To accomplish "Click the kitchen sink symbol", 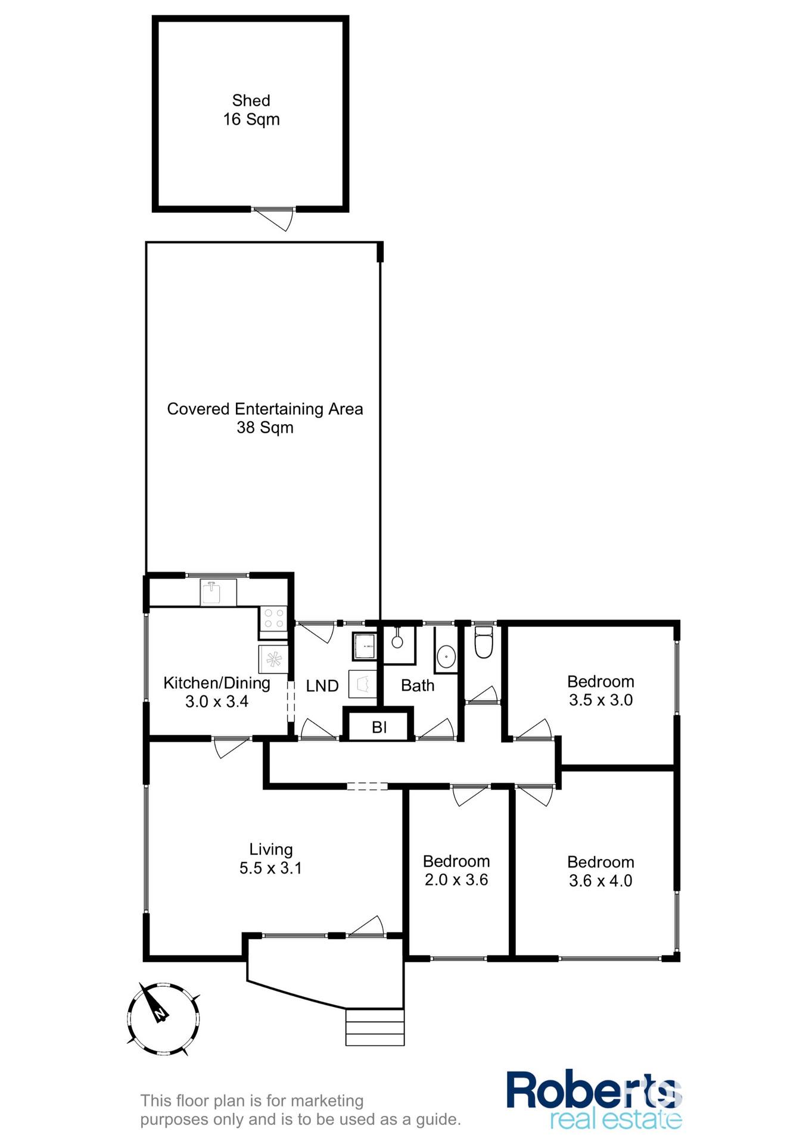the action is (x=211, y=592).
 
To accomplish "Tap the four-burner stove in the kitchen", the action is (x=273, y=618).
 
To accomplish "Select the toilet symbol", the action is (x=483, y=642).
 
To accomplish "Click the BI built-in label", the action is (x=379, y=727).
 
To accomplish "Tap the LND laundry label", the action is (x=322, y=686).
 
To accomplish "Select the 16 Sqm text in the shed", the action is (x=251, y=120).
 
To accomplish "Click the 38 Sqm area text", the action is (x=265, y=428).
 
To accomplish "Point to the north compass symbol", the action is (x=163, y=1019).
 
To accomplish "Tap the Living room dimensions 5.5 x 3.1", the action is (x=270, y=868).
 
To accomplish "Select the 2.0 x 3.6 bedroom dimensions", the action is (x=456, y=879).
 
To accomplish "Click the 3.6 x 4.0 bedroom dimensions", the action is (x=600, y=881).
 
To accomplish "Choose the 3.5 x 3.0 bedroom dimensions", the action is (x=600, y=700).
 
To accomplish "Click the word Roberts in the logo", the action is (x=593, y=1090).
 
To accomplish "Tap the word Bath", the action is (x=418, y=686).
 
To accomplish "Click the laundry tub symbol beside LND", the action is (x=363, y=684).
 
